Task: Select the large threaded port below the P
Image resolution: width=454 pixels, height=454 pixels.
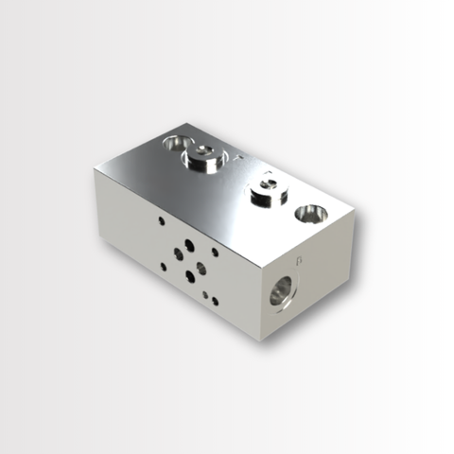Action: [283, 290]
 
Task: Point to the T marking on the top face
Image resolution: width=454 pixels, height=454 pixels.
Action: [238, 154]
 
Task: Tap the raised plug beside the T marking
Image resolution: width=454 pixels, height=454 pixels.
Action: [202, 159]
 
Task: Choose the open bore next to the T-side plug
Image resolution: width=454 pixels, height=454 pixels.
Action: [176, 143]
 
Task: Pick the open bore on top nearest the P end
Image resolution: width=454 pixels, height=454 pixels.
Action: [310, 214]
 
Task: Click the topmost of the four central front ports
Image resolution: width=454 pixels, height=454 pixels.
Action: [189, 244]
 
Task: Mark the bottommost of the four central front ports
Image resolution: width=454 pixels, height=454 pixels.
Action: [189, 277]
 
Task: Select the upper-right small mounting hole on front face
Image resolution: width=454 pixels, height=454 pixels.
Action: [215, 252]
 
